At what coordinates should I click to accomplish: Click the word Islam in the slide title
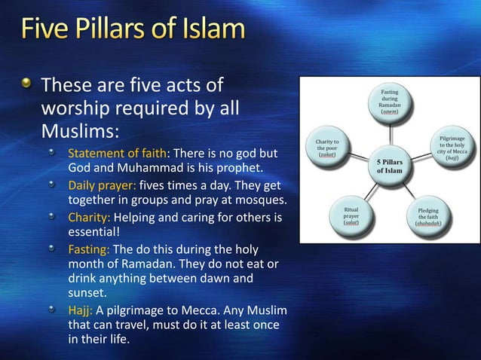pos(214,32)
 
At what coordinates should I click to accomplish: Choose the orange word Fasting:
pos(90,249)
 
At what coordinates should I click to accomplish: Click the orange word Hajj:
pos(81,312)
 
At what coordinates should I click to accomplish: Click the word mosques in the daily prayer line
pos(263,200)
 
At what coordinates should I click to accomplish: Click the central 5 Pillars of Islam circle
pos(391,166)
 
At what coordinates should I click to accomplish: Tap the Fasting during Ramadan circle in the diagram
pos(389,103)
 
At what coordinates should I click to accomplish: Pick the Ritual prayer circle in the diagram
pos(351,214)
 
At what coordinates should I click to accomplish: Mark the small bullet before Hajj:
pos(53,311)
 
